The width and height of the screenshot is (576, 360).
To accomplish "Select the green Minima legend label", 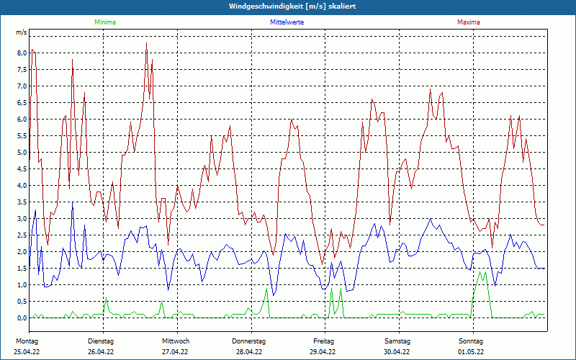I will coord(104,22).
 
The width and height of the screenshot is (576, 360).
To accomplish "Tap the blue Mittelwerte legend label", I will coord(287,22).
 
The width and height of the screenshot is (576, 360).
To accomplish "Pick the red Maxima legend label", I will coord(468,22).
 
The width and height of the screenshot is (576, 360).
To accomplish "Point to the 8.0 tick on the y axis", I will coord(22,53).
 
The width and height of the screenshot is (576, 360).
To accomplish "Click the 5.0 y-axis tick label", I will coord(22,153).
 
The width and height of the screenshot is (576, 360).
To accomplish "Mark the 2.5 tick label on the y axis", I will coord(22,235).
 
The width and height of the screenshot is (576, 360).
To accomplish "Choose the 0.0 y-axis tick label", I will coord(22,318).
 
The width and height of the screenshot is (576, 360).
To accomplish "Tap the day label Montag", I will coord(27,341).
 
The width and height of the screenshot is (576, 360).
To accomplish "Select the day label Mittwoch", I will coord(176,341).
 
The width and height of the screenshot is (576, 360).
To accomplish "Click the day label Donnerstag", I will coord(249,341).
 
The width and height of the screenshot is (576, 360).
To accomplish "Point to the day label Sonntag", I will coord(470,341).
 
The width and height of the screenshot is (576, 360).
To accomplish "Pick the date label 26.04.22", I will coord(102,352).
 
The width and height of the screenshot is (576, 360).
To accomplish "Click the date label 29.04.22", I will coord(323,352).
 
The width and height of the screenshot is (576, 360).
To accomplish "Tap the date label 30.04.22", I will coord(397,352).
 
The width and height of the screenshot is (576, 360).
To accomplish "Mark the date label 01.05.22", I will coord(470,352).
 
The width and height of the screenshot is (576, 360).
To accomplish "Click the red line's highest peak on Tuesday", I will coord(146,43).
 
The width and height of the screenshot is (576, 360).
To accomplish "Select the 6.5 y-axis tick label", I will coord(22,103).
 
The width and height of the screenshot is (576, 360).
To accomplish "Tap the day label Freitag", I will coord(323,341).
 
